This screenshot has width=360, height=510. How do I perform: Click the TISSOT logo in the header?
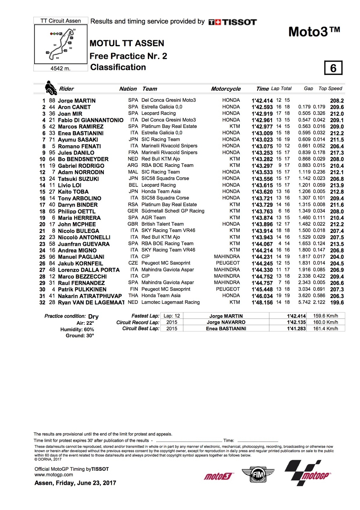(232, 22)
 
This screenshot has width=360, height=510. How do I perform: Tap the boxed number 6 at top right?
(333, 68)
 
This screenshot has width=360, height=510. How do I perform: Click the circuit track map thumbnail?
(61, 44)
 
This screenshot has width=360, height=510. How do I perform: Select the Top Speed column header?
(330, 89)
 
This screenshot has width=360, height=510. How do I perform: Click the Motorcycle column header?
(226, 89)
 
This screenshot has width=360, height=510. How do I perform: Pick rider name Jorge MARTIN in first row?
(76, 101)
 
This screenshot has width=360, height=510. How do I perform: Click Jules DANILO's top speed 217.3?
(337, 153)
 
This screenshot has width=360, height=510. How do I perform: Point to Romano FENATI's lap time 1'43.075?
(262, 146)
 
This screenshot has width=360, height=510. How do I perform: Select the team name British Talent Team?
(162, 224)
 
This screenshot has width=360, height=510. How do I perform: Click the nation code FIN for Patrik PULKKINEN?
(134, 289)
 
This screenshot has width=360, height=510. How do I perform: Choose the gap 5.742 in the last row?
(304, 302)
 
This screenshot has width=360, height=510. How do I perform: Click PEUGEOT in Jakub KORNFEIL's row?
(228, 263)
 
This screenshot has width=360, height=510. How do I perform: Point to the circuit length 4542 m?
(60, 68)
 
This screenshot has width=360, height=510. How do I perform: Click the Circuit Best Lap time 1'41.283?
(296, 329)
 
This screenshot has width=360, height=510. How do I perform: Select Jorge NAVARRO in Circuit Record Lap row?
(226, 322)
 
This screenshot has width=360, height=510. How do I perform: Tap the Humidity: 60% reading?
(77, 329)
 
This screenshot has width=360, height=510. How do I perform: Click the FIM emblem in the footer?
(258, 475)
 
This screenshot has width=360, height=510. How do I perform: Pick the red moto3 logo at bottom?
(218, 476)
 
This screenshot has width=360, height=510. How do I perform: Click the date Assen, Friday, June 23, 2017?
(75, 483)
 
